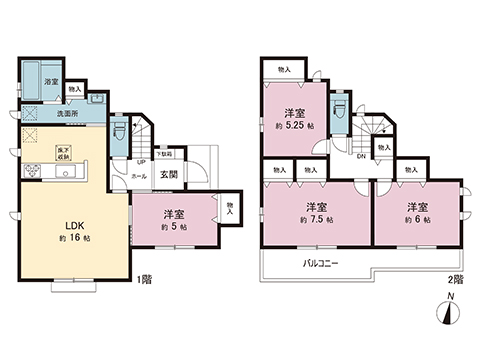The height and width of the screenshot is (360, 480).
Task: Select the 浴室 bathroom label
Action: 51,82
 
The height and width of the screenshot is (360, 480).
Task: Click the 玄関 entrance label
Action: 169,175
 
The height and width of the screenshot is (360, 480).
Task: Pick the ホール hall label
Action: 139,176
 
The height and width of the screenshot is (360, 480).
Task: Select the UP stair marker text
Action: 140,162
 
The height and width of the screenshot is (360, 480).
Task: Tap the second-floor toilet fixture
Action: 339,104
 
